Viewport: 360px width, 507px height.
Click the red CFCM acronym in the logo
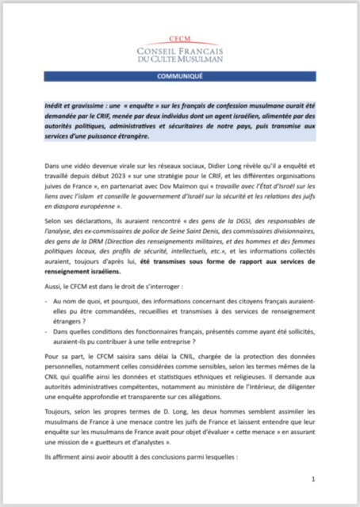[179, 38]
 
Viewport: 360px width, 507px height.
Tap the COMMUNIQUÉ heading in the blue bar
[179, 78]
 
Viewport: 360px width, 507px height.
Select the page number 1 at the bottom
[313, 478]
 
